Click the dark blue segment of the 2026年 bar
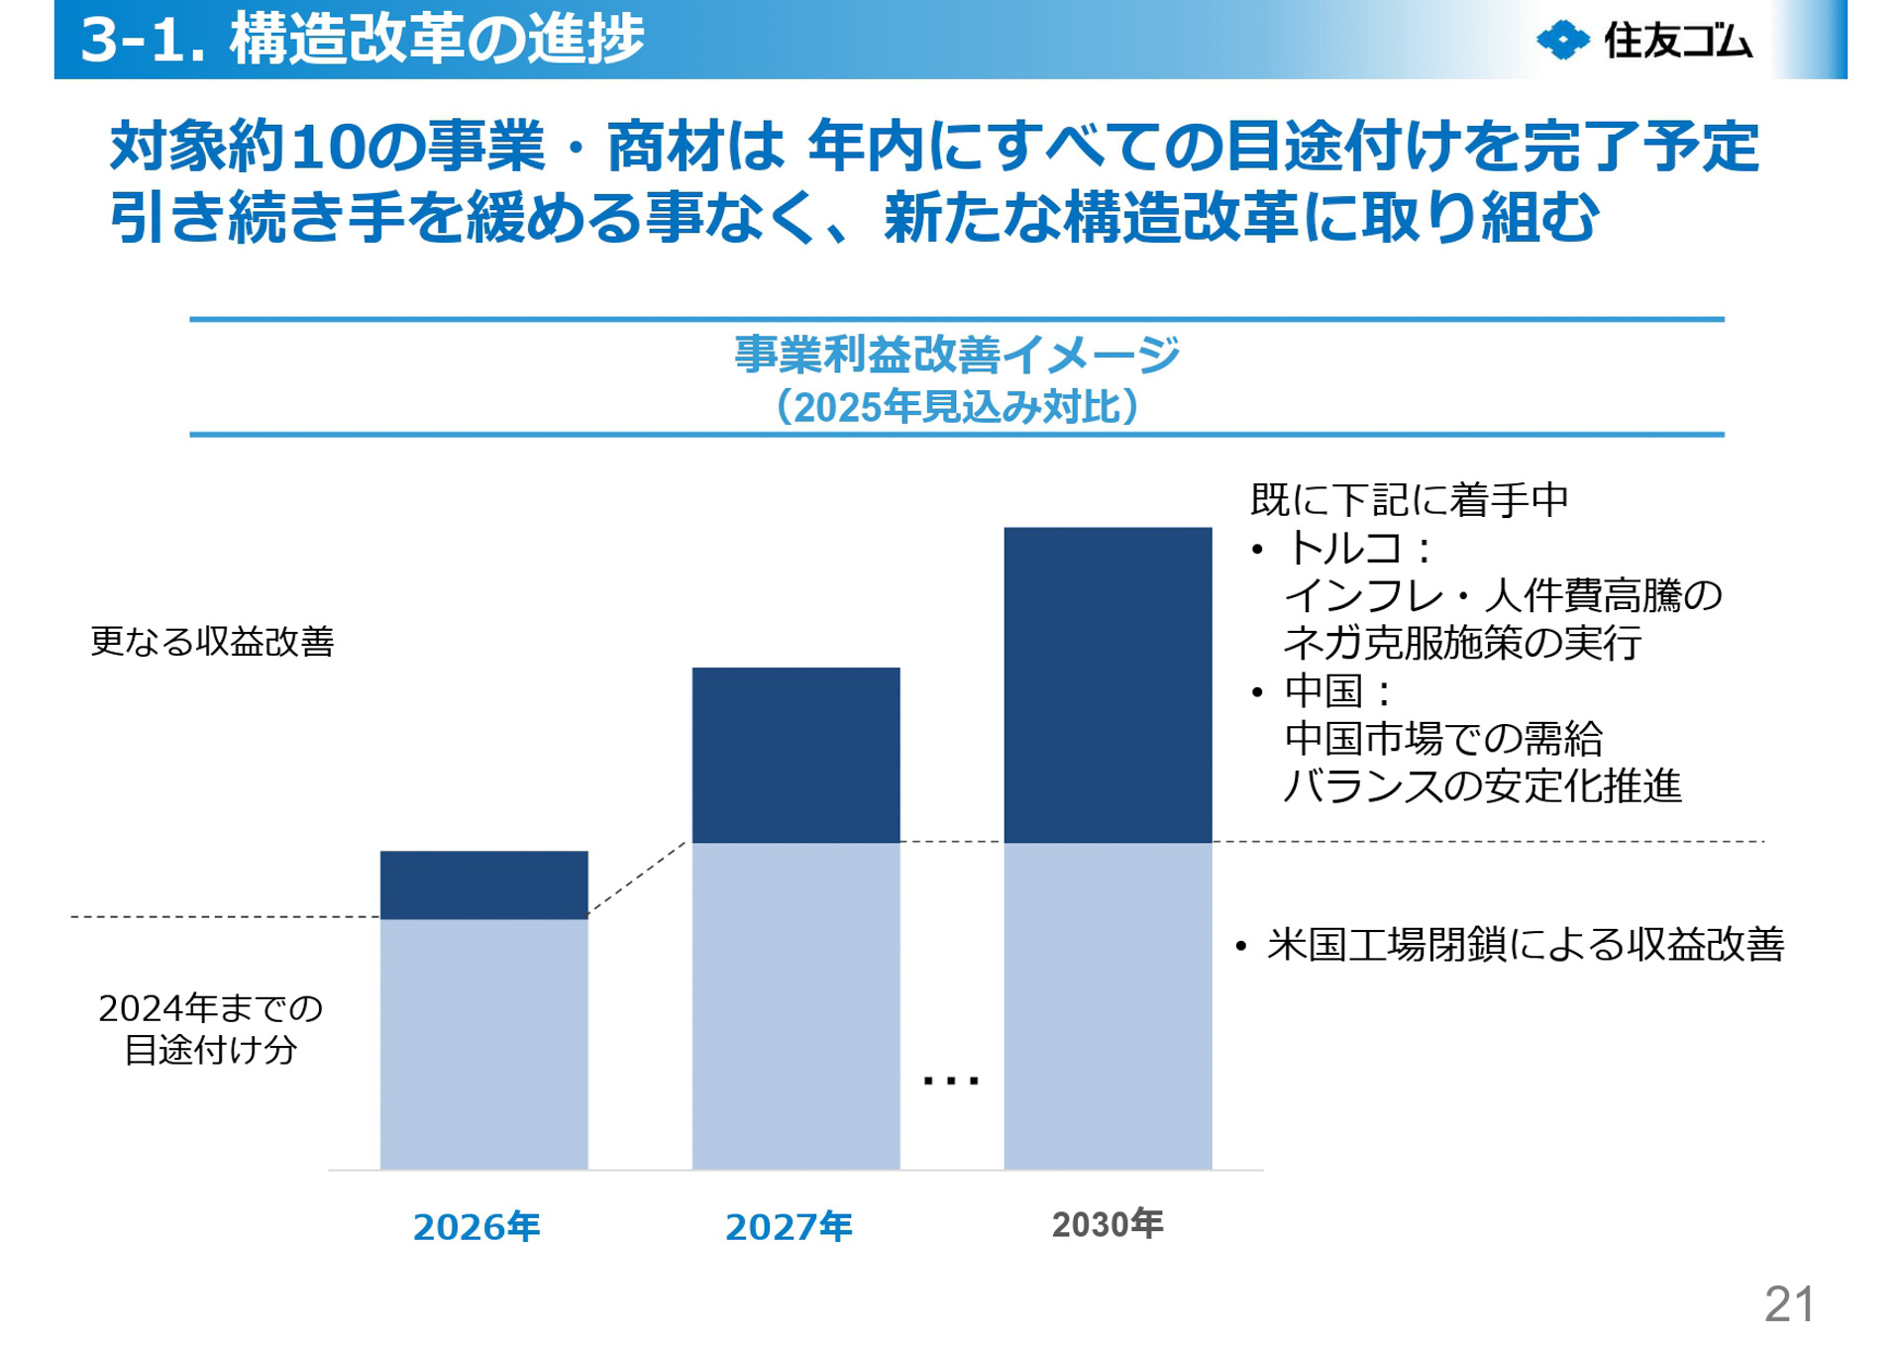point(483,884)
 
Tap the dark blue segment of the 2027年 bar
point(795,755)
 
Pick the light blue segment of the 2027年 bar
point(795,1005)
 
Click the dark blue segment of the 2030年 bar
point(1108,684)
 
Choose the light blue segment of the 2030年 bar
point(1108,1005)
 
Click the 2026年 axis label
point(476,1227)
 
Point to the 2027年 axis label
point(789,1227)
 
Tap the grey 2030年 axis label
point(1107,1224)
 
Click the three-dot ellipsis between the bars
point(950,1081)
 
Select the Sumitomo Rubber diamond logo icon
point(1562,41)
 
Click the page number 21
point(1789,1304)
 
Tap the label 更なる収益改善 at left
point(212,642)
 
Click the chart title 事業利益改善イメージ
point(957,355)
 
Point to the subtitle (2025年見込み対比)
point(957,407)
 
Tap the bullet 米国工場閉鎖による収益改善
point(1525,944)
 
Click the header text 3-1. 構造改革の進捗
point(362,40)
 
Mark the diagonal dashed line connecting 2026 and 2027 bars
point(637,879)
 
